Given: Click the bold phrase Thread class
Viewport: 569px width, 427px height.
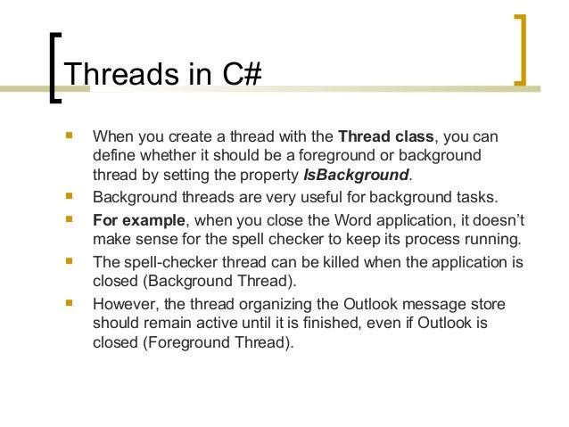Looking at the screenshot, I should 386,138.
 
